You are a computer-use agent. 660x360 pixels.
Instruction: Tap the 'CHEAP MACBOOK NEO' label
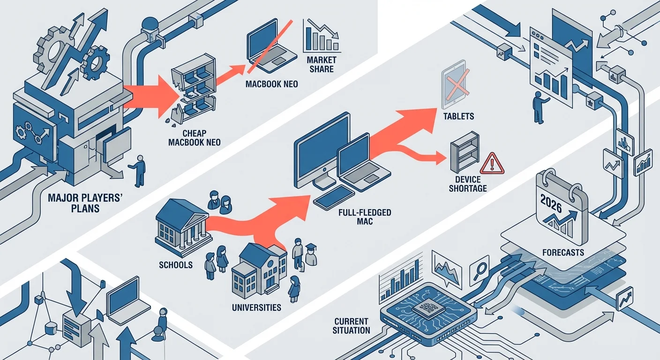[194, 137]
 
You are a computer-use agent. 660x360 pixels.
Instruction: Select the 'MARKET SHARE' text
[321, 65]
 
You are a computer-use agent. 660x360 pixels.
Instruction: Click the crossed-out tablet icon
[453, 84]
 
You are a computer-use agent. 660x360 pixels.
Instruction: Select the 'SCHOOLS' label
[176, 265]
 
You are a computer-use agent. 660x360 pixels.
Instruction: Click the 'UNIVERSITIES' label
[256, 308]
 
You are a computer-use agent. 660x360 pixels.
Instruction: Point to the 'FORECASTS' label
[562, 253]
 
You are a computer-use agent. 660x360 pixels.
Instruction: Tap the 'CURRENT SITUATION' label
[352, 326]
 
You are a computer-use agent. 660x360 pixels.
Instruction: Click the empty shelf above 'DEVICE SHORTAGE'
[464, 151]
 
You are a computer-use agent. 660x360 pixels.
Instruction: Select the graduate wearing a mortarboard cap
[309, 255]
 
